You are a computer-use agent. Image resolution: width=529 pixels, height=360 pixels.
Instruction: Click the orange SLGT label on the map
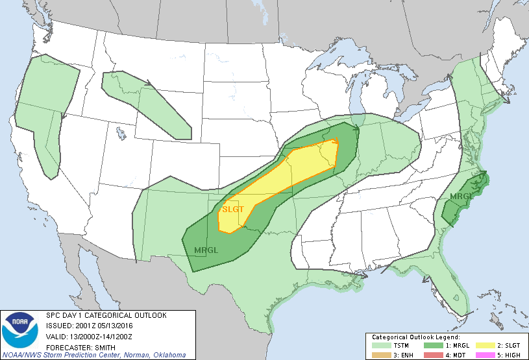(233, 210)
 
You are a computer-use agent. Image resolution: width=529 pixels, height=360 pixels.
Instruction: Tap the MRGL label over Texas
(206, 250)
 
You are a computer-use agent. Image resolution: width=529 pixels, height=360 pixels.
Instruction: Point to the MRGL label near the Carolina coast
(461, 196)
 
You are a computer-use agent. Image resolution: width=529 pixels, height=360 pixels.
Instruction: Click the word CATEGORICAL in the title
(103, 315)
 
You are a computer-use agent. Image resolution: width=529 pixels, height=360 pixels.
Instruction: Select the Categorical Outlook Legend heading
(416, 337)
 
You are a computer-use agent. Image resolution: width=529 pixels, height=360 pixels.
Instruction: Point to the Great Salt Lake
(121, 134)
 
